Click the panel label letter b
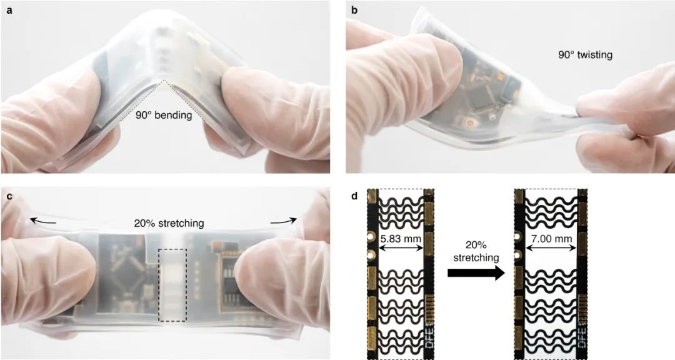355,9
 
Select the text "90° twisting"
585,55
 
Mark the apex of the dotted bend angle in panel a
164,81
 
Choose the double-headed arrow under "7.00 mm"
551,249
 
